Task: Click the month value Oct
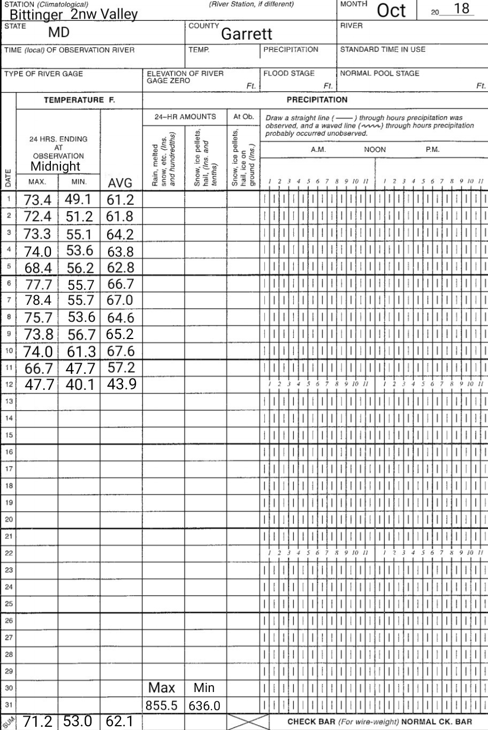[392, 11]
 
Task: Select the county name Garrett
[247, 34]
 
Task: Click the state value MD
[59, 32]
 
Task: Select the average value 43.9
[120, 384]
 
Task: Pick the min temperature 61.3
[80, 351]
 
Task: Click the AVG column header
[120, 183]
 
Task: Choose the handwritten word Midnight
[55, 166]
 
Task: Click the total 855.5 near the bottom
[162, 705]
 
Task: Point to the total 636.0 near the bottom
[204, 706]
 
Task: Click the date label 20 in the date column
[9, 519]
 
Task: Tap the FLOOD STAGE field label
[289, 74]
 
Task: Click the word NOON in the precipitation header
[375, 150]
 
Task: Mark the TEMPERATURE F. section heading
[79, 100]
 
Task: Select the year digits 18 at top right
[461, 9]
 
